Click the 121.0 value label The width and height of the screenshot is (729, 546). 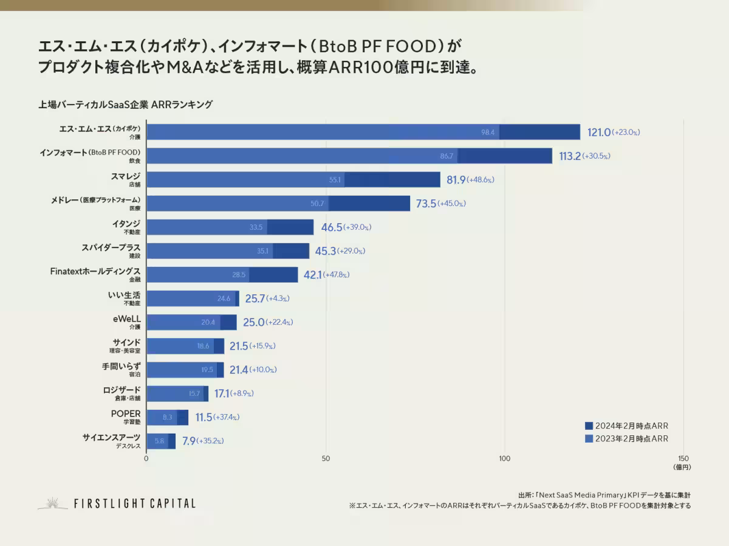tap(598, 133)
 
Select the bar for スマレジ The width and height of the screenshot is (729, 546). tap(293, 179)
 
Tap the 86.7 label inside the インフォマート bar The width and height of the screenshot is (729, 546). tap(447, 156)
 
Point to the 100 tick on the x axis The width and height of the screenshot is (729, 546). tap(504, 458)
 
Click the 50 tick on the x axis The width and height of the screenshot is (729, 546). tap(326, 458)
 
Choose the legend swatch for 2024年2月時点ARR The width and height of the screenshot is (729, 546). tap(588, 426)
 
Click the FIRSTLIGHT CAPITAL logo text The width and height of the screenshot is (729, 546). tap(134, 503)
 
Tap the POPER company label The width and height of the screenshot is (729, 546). tap(125, 413)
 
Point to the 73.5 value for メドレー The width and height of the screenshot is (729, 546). tap(426, 204)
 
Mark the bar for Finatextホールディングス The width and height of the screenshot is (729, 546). tap(222, 275)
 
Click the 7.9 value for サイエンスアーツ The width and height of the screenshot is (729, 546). tap(188, 441)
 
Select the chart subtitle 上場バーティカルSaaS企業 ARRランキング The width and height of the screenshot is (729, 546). tap(125, 105)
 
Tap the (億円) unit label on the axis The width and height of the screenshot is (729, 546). tap(682, 467)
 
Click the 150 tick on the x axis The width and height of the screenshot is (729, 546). tap(683, 458)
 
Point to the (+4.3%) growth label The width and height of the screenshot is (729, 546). tap(278, 299)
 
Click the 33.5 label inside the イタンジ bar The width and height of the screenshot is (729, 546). tap(256, 227)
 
